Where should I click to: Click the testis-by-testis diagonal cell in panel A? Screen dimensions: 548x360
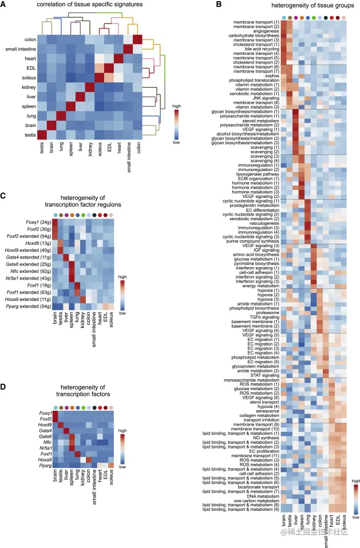pyautogui.click(x=42, y=134)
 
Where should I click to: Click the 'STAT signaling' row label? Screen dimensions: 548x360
pyautogui.click(x=264, y=374)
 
